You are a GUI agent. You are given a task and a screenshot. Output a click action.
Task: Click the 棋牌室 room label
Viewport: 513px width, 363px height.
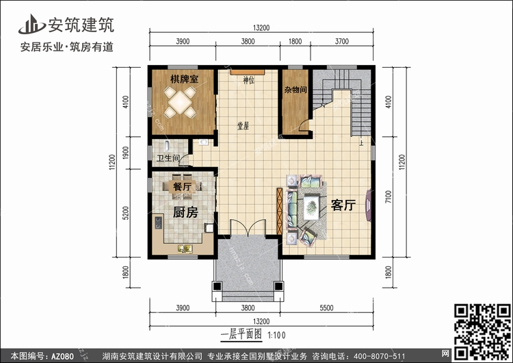click(184, 79)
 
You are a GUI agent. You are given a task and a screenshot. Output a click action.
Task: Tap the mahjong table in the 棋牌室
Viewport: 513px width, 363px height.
click(180, 102)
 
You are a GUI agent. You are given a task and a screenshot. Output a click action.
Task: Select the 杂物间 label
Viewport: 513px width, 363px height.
click(295, 90)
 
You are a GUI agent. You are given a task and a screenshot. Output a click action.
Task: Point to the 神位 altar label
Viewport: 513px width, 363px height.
click(249, 80)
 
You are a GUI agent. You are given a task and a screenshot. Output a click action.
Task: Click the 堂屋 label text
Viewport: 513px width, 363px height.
click(243, 126)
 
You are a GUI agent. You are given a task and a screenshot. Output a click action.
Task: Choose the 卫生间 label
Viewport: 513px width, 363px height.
click(168, 158)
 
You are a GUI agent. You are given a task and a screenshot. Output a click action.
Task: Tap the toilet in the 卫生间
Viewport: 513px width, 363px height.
click(167, 146)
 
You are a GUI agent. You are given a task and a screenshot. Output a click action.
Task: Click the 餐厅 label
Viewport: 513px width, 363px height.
click(182, 187)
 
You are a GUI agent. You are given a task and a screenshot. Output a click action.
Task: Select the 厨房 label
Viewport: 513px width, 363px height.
click(185, 212)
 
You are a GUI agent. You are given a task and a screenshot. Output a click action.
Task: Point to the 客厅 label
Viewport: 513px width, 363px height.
click(343, 205)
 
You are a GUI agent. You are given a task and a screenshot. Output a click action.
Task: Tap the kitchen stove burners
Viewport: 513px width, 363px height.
click(159, 223)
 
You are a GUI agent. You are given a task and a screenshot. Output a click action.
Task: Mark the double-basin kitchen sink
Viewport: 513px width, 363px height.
click(185, 249)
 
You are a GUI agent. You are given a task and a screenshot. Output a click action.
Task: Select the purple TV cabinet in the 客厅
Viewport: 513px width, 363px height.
click(368, 205)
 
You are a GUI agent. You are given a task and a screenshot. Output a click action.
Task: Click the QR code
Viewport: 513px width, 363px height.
click(483, 331)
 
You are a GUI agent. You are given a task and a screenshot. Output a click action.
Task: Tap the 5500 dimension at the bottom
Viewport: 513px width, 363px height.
click(326, 308)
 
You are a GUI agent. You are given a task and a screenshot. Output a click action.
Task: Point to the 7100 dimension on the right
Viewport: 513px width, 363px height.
click(389, 197)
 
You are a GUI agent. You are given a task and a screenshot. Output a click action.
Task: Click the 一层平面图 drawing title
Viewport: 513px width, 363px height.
click(241, 334)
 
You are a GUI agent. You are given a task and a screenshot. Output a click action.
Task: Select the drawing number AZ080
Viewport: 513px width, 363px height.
click(62, 356)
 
